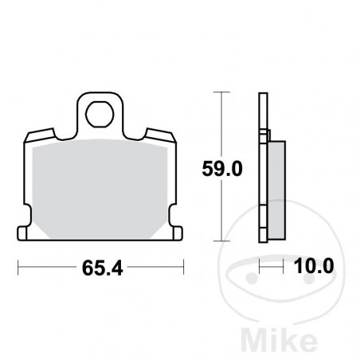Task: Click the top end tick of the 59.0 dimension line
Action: [221, 92]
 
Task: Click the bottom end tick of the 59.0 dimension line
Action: [221, 241]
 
